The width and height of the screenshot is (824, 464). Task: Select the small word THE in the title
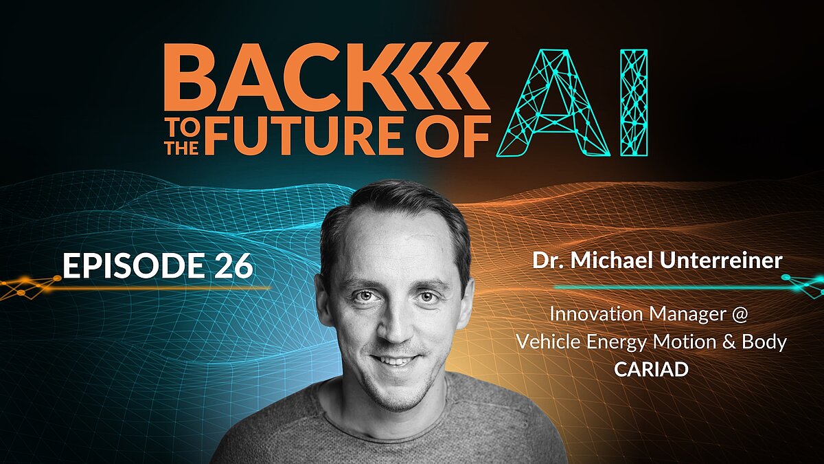[x=182, y=147]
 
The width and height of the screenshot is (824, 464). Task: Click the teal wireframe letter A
[x=553, y=103]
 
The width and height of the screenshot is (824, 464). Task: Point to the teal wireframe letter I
[x=634, y=103]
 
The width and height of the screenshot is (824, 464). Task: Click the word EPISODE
[x=133, y=265]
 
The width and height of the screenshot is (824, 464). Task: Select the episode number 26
[x=233, y=265]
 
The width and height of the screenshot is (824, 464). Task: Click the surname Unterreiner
[x=720, y=261]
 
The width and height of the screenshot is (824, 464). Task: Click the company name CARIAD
[x=651, y=369]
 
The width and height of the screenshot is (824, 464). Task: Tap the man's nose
[x=394, y=325]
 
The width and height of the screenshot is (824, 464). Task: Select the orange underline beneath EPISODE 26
[x=135, y=288]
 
